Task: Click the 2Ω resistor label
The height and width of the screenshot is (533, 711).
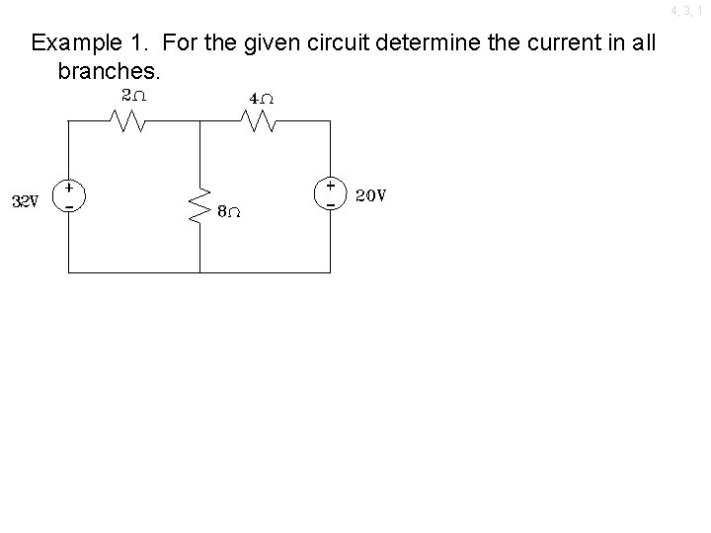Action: tap(132, 96)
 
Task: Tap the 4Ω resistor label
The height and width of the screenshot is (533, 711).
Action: tap(262, 100)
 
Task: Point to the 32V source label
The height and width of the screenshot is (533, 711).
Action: tap(25, 201)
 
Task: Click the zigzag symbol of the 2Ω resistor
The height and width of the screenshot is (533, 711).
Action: tap(131, 121)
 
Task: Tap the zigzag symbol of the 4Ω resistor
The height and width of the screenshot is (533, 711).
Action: tap(262, 121)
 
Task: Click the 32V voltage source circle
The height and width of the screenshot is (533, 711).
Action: tap(68, 194)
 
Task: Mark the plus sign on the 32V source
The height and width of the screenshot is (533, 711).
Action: tap(68, 186)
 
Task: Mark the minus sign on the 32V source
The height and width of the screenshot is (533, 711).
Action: tap(68, 205)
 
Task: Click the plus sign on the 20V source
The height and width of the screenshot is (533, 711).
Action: tap(330, 185)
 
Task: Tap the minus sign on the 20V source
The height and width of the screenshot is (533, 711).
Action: tap(330, 204)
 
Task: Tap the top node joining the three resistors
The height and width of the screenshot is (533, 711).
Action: tap(199, 121)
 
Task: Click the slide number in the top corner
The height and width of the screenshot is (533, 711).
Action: tap(689, 11)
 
